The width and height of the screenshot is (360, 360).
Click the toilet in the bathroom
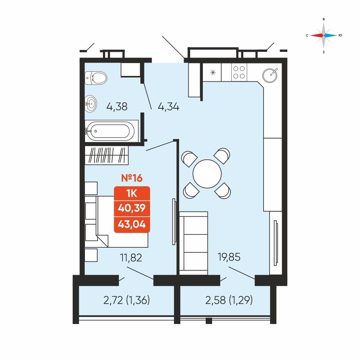(x=96, y=78)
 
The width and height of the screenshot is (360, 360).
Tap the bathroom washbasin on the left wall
(x=91, y=104)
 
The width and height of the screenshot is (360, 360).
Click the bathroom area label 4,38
(x=117, y=107)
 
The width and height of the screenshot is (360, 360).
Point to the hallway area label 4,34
(x=168, y=107)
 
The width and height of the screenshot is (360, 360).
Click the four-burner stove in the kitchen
(x=239, y=72)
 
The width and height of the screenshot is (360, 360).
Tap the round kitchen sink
(x=270, y=75)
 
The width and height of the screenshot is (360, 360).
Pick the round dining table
(x=207, y=174)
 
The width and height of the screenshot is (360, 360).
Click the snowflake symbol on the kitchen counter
(x=213, y=73)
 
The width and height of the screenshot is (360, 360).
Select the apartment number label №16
(x=132, y=178)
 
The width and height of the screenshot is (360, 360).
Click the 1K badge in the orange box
(x=132, y=194)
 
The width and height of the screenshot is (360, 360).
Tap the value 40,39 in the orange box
(x=132, y=208)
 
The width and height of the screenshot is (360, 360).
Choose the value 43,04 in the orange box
(x=132, y=224)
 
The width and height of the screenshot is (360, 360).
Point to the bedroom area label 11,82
(x=131, y=258)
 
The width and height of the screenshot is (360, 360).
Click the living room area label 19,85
(x=229, y=257)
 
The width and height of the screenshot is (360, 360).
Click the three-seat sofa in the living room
(x=194, y=243)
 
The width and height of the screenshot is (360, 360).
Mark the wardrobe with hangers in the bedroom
(x=107, y=155)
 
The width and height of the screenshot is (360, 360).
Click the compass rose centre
(x=324, y=35)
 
